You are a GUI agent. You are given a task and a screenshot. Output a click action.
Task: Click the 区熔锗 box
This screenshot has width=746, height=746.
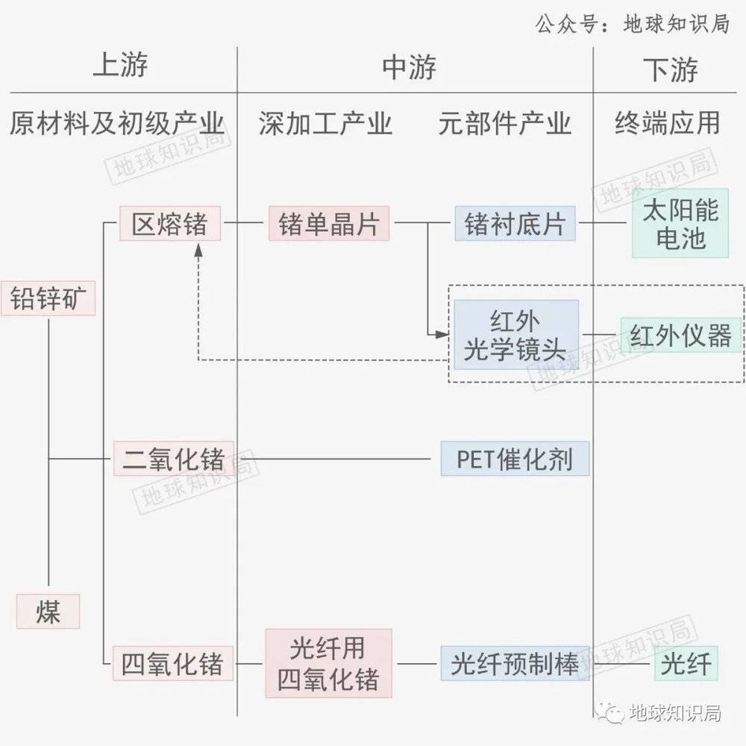tap(170, 223)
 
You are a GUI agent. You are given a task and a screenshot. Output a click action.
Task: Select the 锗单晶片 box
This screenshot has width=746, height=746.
tap(329, 223)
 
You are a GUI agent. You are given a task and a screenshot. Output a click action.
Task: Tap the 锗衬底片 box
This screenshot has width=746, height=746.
tap(515, 223)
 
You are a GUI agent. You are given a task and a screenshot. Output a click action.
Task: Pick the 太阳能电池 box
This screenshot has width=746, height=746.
tap(680, 223)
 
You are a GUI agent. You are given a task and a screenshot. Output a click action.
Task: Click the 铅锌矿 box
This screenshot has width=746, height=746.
tap(48, 298)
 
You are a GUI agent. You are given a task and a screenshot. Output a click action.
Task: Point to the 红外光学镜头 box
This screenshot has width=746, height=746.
tap(516, 334)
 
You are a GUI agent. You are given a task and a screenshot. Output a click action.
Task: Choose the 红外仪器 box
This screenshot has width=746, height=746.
tap(681, 335)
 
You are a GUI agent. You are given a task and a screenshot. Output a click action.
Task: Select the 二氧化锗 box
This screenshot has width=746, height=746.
tap(174, 459)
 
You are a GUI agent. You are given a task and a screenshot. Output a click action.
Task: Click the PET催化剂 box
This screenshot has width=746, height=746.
tap(515, 459)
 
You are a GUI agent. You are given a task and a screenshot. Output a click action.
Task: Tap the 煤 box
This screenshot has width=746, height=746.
tap(48, 612)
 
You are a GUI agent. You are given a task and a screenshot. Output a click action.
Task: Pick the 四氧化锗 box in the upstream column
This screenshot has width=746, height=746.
tap(173, 663)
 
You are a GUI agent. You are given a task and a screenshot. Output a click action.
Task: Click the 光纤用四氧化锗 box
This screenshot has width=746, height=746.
tap(329, 663)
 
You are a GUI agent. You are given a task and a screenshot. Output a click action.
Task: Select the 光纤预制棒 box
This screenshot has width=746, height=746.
tap(515, 663)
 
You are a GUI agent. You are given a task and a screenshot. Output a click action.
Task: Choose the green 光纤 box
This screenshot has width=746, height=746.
tap(686, 663)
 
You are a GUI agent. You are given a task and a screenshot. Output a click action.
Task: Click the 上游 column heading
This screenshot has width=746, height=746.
tap(120, 65)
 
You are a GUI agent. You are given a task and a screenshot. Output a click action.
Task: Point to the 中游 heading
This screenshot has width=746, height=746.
tap(409, 68)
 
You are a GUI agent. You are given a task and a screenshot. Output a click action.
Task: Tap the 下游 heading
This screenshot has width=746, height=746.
tap(671, 69)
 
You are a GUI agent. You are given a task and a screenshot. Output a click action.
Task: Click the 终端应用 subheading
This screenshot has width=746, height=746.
tap(668, 123)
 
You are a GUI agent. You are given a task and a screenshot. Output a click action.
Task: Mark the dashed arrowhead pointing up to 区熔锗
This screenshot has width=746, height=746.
tap(198, 250)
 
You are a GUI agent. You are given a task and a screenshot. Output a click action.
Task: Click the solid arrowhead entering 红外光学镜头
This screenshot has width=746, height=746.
tap(442, 334)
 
